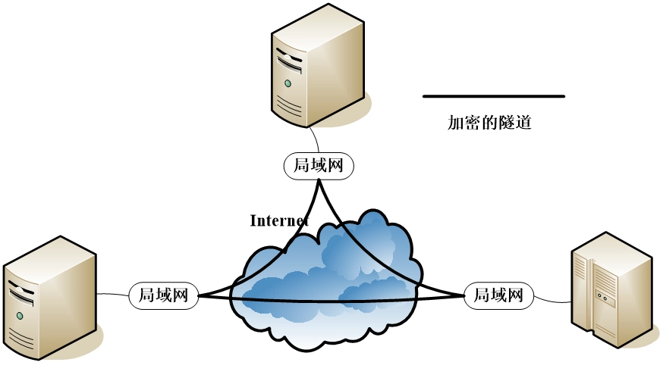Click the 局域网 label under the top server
pyautogui.click(x=319, y=166)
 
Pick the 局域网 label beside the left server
pyautogui.click(x=163, y=295)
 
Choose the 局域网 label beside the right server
pyautogui.click(x=498, y=295)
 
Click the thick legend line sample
pyautogui.click(x=494, y=96)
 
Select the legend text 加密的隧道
pyautogui.click(x=489, y=123)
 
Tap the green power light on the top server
pyautogui.click(x=288, y=83)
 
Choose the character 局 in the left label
pyautogui.click(x=142, y=295)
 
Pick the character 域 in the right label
pyautogui.click(x=498, y=295)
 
